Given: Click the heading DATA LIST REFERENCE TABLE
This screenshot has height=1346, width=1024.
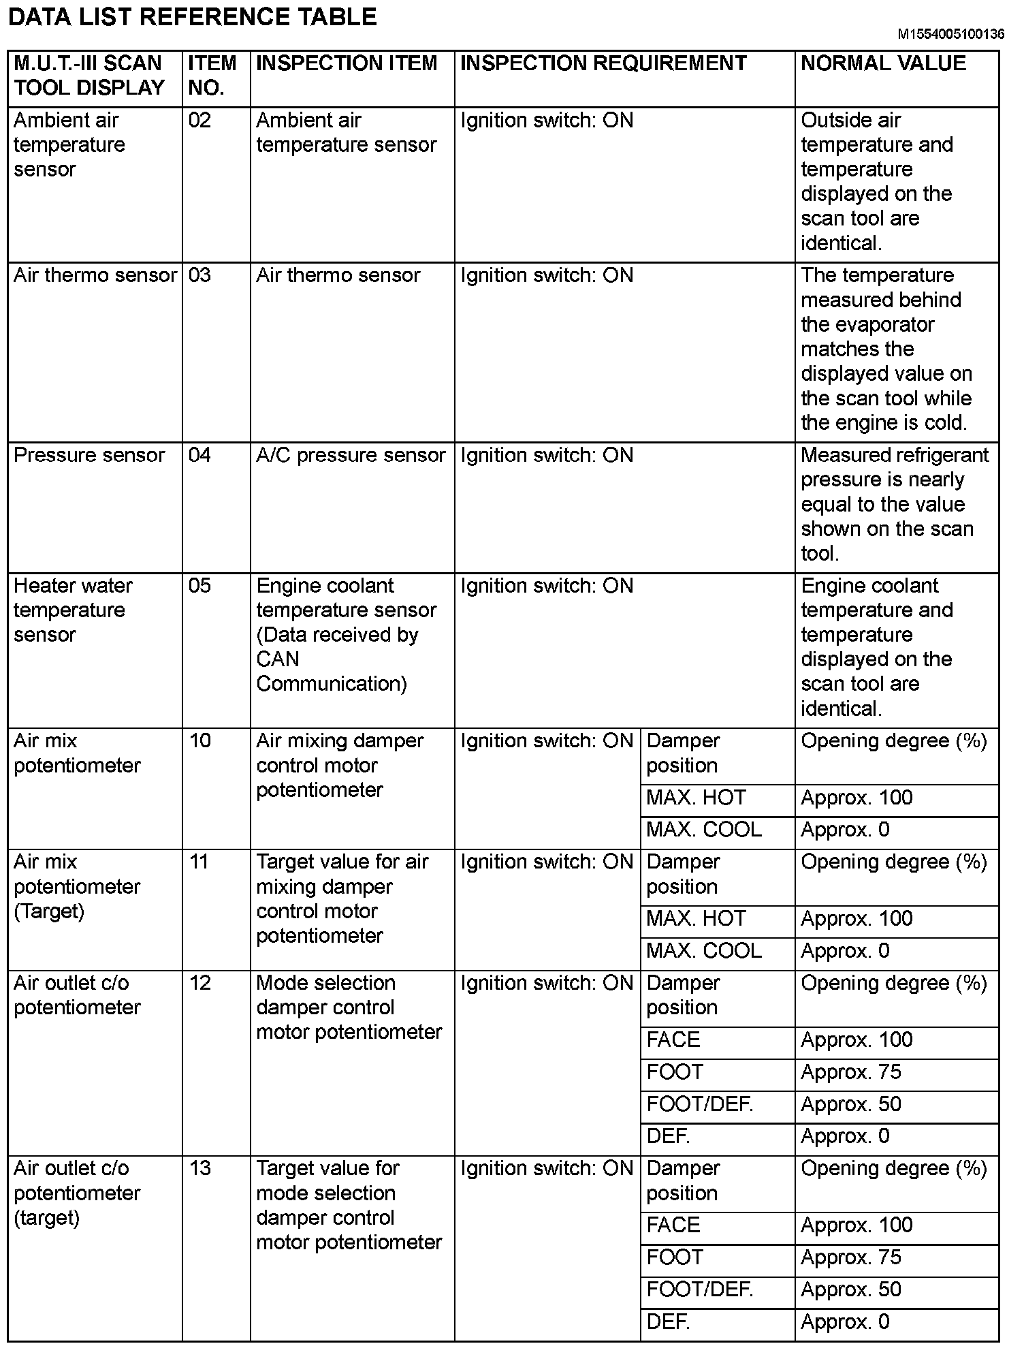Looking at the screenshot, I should pyautogui.click(x=192, y=17).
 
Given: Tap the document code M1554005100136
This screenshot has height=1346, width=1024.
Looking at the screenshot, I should pyautogui.click(x=950, y=34).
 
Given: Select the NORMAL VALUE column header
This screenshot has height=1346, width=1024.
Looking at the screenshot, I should pyautogui.click(x=883, y=63).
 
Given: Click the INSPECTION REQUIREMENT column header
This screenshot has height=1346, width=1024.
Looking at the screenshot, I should pyautogui.click(x=603, y=63).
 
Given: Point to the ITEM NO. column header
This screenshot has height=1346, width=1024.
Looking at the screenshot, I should pyautogui.click(x=212, y=75).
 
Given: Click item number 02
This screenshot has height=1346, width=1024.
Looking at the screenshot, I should pyautogui.click(x=200, y=121).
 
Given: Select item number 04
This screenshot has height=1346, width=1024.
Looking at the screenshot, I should pyautogui.click(x=200, y=455).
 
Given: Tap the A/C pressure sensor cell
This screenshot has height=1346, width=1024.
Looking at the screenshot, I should pyautogui.click(x=350, y=455).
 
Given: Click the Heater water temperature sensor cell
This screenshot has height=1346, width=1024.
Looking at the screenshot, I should pyautogui.click(x=73, y=610).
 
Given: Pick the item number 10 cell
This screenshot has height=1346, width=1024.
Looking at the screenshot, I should pyautogui.click(x=200, y=740).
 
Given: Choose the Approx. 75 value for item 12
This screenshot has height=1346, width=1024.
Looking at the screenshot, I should pyautogui.click(x=851, y=1072).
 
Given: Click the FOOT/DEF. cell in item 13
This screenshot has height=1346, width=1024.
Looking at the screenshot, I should pyautogui.click(x=699, y=1289).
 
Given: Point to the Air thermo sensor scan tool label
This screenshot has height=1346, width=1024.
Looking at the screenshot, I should pyautogui.click(x=95, y=275).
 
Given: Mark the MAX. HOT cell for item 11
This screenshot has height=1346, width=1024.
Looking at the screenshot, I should pyautogui.click(x=696, y=918).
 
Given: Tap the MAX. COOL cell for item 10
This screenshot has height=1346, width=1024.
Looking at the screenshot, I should pyautogui.click(x=703, y=830).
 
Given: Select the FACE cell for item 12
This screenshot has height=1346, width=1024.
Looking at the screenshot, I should pyautogui.click(x=673, y=1039).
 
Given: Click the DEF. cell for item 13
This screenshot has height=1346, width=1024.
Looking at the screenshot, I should pyautogui.click(x=668, y=1321).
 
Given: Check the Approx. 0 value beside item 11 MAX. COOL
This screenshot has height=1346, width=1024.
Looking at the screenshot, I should pyautogui.click(x=845, y=951).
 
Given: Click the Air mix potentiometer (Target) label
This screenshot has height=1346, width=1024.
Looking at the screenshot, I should pyautogui.click(x=76, y=886).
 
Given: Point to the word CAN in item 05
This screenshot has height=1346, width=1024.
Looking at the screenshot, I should pyautogui.click(x=277, y=659).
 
